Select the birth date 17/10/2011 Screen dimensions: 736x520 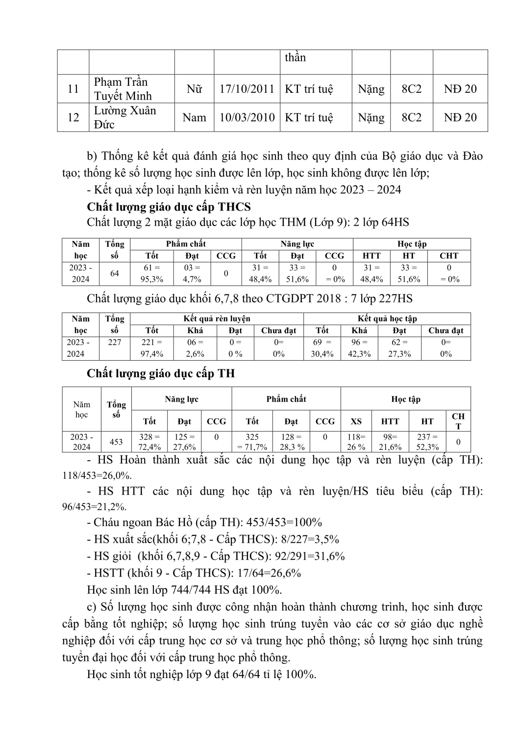[247, 89]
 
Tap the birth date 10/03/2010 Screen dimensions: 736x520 [247, 117]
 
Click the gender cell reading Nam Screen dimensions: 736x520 [194, 117]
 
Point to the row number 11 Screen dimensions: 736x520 [73, 89]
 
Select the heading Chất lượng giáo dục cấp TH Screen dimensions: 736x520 [161, 373]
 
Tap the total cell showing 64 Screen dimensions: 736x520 [115, 273]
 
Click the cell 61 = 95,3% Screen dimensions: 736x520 [152, 273]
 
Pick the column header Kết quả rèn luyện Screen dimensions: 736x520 [217, 318]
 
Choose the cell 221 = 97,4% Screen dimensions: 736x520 [151, 348]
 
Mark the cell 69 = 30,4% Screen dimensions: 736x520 [322, 348]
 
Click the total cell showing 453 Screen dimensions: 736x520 [116, 442]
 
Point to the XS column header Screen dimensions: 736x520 [356, 421]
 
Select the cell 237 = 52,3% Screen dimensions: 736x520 [427, 442]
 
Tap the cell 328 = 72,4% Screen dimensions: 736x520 [149, 442]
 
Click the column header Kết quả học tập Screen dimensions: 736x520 [387, 318]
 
